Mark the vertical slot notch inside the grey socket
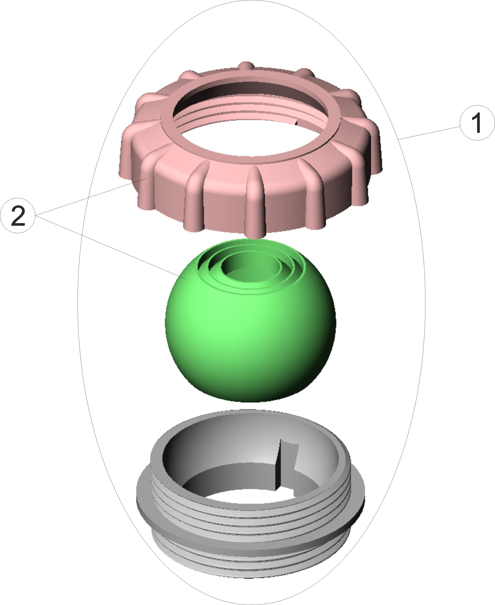point(286,465)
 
